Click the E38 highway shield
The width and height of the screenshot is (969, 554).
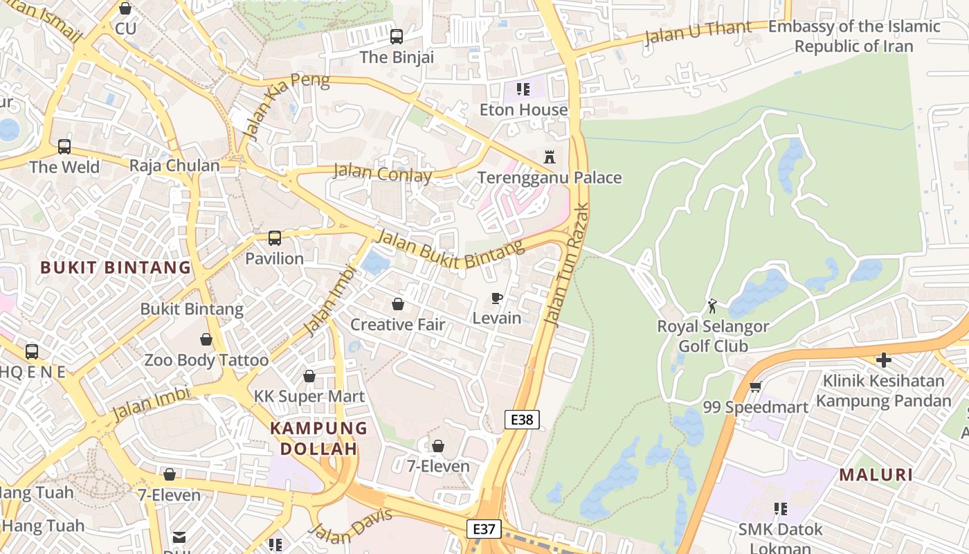coord(521,419)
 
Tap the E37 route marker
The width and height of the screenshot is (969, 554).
coord(483,529)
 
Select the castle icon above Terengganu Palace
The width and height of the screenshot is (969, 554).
coord(550,157)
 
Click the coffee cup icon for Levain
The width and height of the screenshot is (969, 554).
coord(496,298)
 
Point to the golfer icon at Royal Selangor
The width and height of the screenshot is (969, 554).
coord(712,305)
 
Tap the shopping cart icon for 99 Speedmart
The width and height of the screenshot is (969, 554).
coord(755,386)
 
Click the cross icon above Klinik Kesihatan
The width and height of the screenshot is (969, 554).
coord(883,360)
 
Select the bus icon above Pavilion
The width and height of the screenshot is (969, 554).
coord(275,238)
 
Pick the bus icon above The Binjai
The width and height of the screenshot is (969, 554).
coord(397,37)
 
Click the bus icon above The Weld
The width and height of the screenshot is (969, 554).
coord(64,147)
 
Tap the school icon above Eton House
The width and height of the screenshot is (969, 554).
coord(523,89)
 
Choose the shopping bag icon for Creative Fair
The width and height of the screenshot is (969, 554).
coord(398,304)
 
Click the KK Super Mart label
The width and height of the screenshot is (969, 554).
coord(309,397)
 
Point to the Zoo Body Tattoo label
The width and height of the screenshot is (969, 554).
coord(206,360)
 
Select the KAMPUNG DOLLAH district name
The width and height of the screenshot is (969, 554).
coord(318,438)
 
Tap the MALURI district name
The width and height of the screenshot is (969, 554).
coord(876,475)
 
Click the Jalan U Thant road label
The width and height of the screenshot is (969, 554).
coord(697,33)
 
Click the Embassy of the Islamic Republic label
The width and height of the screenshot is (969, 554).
coord(854,36)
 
